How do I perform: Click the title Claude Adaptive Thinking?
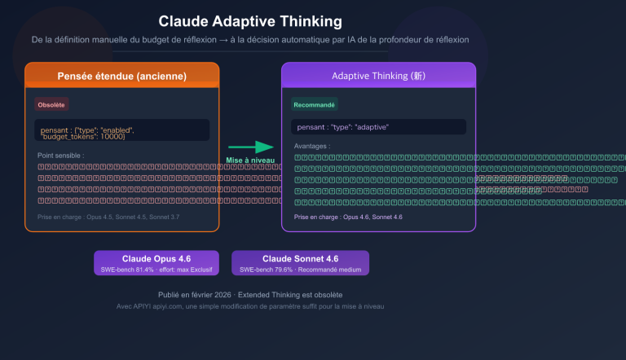tap(249, 21)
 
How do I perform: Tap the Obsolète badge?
tap(51, 104)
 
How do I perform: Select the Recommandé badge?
tap(314, 104)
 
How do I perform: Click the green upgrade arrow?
tap(251, 147)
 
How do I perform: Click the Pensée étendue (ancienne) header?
tap(122, 76)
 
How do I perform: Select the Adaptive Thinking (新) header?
tap(378, 76)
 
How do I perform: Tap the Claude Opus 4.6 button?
tap(156, 258)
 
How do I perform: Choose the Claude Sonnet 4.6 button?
tap(300, 258)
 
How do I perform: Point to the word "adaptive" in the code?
tap(369, 127)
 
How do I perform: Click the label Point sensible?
tap(61, 155)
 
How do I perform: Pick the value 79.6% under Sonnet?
tap(285, 269)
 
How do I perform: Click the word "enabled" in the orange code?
tap(116, 130)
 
